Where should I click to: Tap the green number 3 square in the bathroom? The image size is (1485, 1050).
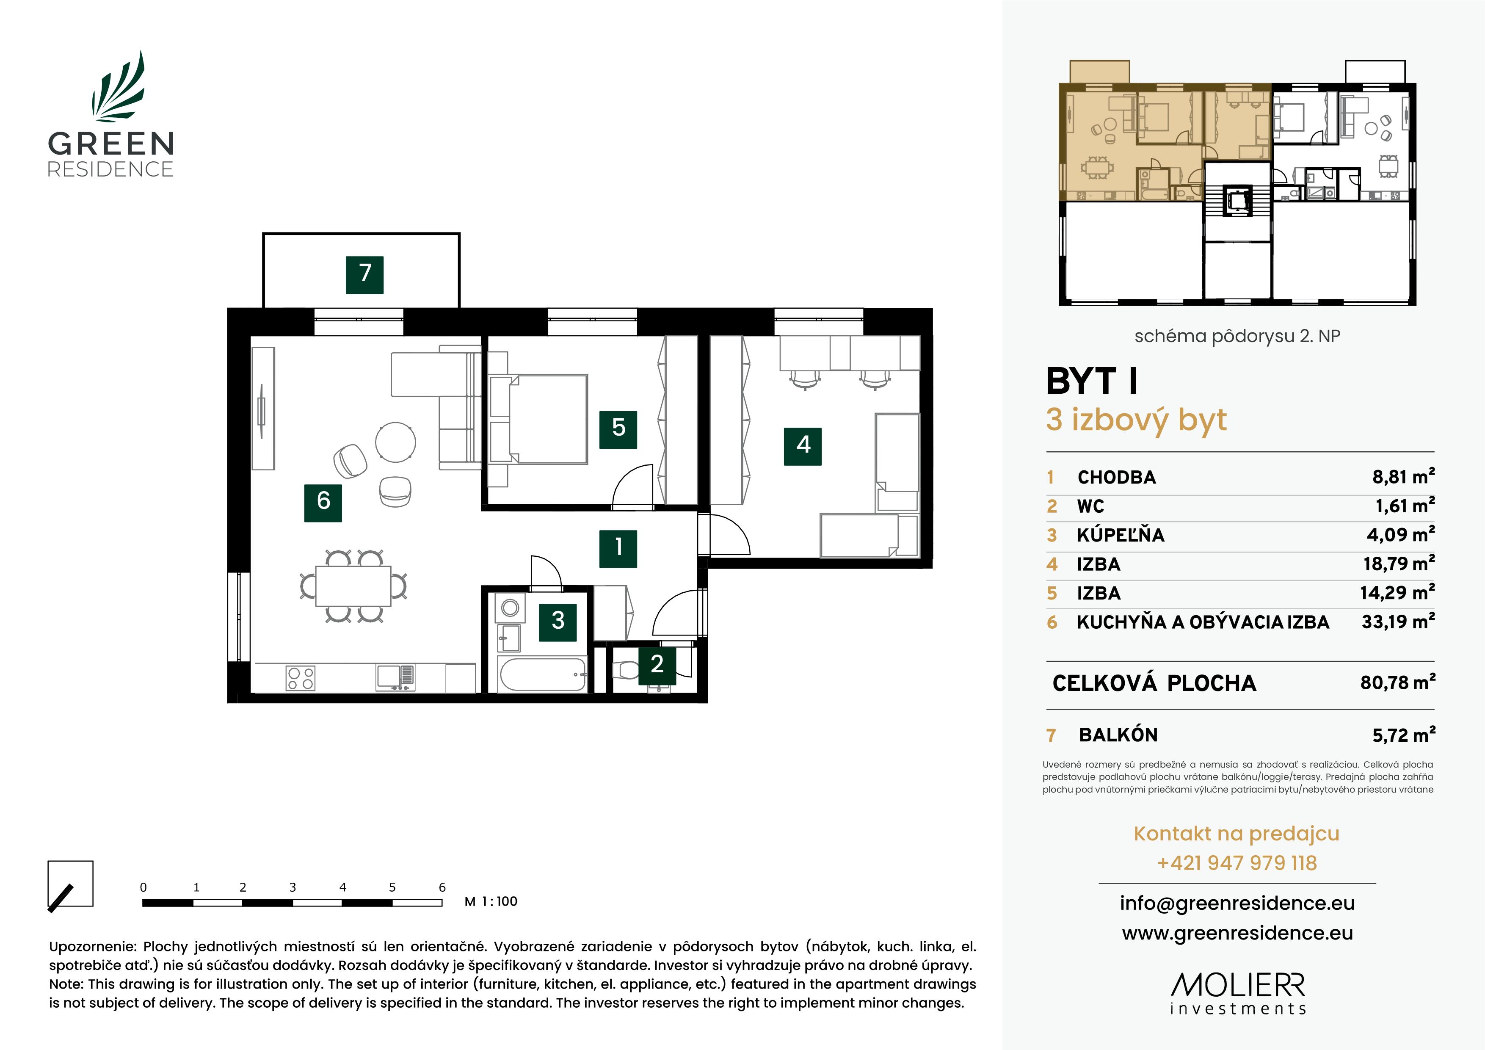coord(558,622)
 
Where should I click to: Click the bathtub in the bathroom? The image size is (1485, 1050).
coord(542,675)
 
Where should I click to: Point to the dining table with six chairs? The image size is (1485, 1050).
coord(353,586)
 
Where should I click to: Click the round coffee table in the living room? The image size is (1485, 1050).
coord(395,442)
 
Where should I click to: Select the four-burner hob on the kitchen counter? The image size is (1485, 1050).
coord(301,678)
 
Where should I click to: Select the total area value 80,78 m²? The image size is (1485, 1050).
coord(1397,682)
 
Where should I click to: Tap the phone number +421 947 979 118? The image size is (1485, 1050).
coord(1237,863)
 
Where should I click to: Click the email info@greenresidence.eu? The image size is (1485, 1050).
coord(1237,903)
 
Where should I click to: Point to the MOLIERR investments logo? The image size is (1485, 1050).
coord(1237,993)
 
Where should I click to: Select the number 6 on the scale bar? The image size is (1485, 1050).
coord(442,887)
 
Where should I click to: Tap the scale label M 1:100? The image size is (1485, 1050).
coord(491,902)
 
